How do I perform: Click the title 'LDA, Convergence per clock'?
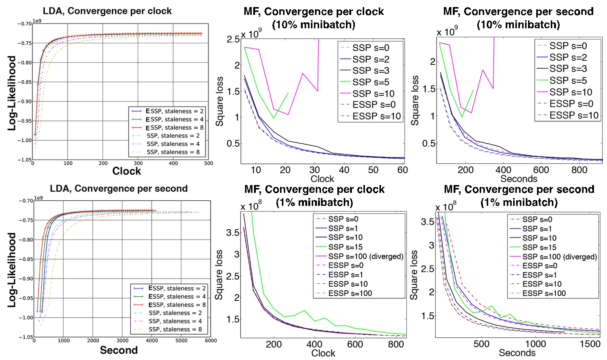pyautogui.click(x=107, y=11)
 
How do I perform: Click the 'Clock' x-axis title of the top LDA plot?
pyautogui.click(x=127, y=171)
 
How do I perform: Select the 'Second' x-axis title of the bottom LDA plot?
pyautogui.click(x=119, y=350)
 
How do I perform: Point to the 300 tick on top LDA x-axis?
pyautogui.click(x=138, y=163)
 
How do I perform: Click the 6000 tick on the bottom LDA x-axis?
pyautogui.click(x=211, y=341)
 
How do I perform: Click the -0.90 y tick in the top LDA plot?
pyautogui.click(x=24, y=102)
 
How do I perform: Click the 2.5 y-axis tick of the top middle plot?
pyautogui.click(x=233, y=39)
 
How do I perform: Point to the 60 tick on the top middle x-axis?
pyautogui.click(x=403, y=170)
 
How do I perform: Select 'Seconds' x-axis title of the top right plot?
pyautogui.click(x=519, y=179)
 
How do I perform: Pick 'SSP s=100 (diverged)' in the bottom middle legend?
pyautogui.click(x=366, y=257)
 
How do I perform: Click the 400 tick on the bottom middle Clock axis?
pyautogui.click(x=315, y=344)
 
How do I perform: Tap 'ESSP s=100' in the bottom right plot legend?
pyautogui.click(x=544, y=293)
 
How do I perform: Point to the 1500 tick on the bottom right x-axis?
pyautogui.click(x=590, y=344)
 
